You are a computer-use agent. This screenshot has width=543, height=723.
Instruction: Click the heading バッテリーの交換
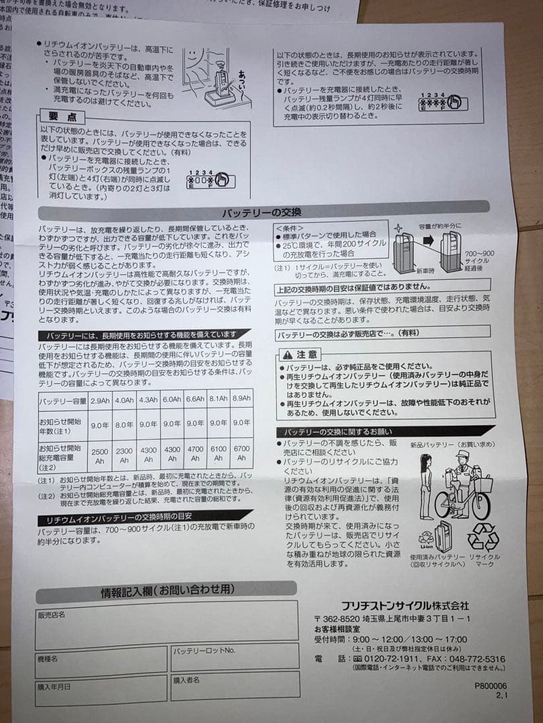click(x=262, y=213)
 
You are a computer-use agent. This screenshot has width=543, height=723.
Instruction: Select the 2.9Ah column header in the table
click(x=100, y=400)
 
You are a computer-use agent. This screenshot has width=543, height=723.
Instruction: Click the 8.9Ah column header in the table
click(x=241, y=398)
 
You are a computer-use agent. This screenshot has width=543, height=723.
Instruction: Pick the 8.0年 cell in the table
click(x=124, y=424)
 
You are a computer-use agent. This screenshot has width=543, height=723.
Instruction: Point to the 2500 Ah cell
click(x=99, y=455)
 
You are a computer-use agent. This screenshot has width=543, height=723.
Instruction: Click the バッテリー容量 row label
click(x=63, y=401)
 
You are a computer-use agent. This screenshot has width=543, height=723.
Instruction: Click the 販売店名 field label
click(x=52, y=615)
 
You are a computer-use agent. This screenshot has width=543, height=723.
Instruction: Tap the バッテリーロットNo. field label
click(x=204, y=650)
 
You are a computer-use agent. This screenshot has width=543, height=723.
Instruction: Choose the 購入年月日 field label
click(x=54, y=686)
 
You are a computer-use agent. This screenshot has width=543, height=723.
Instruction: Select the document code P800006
click(x=491, y=686)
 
